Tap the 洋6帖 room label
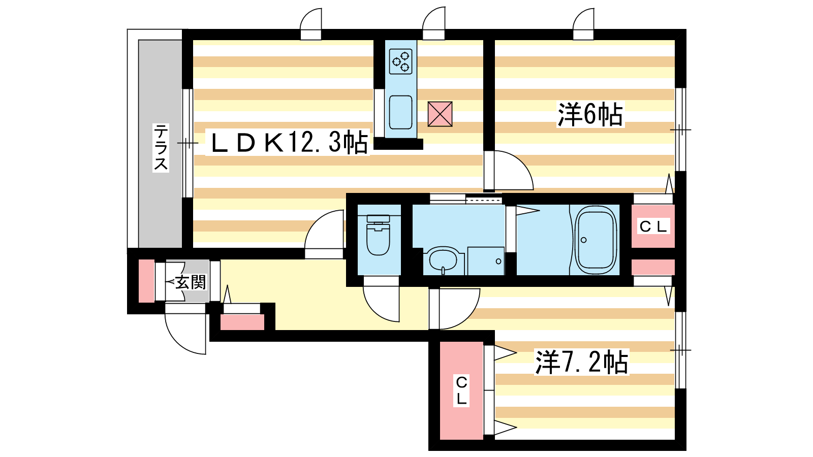[x=590, y=115]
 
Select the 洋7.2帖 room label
[x=581, y=362]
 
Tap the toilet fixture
[x=378, y=235]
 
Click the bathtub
[x=596, y=240]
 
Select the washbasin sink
[x=444, y=260]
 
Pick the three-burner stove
[x=401, y=61]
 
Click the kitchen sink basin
[x=401, y=112]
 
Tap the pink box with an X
[x=440, y=114]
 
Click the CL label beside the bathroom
[x=653, y=226]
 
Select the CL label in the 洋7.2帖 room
[x=461, y=390]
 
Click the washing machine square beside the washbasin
[x=486, y=261]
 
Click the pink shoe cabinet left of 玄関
[x=147, y=281]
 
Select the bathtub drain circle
[x=584, y=240]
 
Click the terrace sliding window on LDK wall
[x=187, y=143]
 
